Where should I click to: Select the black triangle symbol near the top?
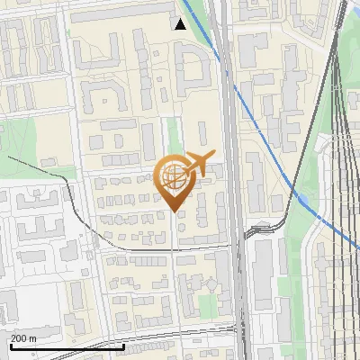(x=180, y=23)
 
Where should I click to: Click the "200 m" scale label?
(x=23, y=337)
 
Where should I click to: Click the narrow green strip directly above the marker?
(x=173, y=135)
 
